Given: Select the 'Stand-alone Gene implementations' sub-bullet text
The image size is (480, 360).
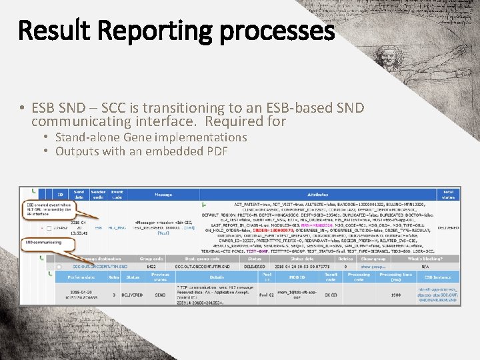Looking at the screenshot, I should pyautogui.click(x=151, y=137).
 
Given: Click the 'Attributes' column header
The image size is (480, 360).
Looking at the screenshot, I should pyautogui.click(x=317, y=195).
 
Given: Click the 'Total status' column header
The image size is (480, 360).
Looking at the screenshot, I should pyautogui.click(x=448, y=194).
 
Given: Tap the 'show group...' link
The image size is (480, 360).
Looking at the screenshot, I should pyautogui.click(x=373, y=266).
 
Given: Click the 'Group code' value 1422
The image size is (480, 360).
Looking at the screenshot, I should pyautogui.click(x=151, y=266).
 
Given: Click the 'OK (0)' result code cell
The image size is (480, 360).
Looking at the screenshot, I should pyautogui.click(x=331, y=295).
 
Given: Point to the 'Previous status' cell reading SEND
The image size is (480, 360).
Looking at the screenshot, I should pyautogui.click(x=160, y=295).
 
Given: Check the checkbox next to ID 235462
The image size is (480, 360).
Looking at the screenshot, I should pyautogui.click(x=49, y=227).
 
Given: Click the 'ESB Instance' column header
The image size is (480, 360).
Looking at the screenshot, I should pyautogui.click(x=437, y=277).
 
